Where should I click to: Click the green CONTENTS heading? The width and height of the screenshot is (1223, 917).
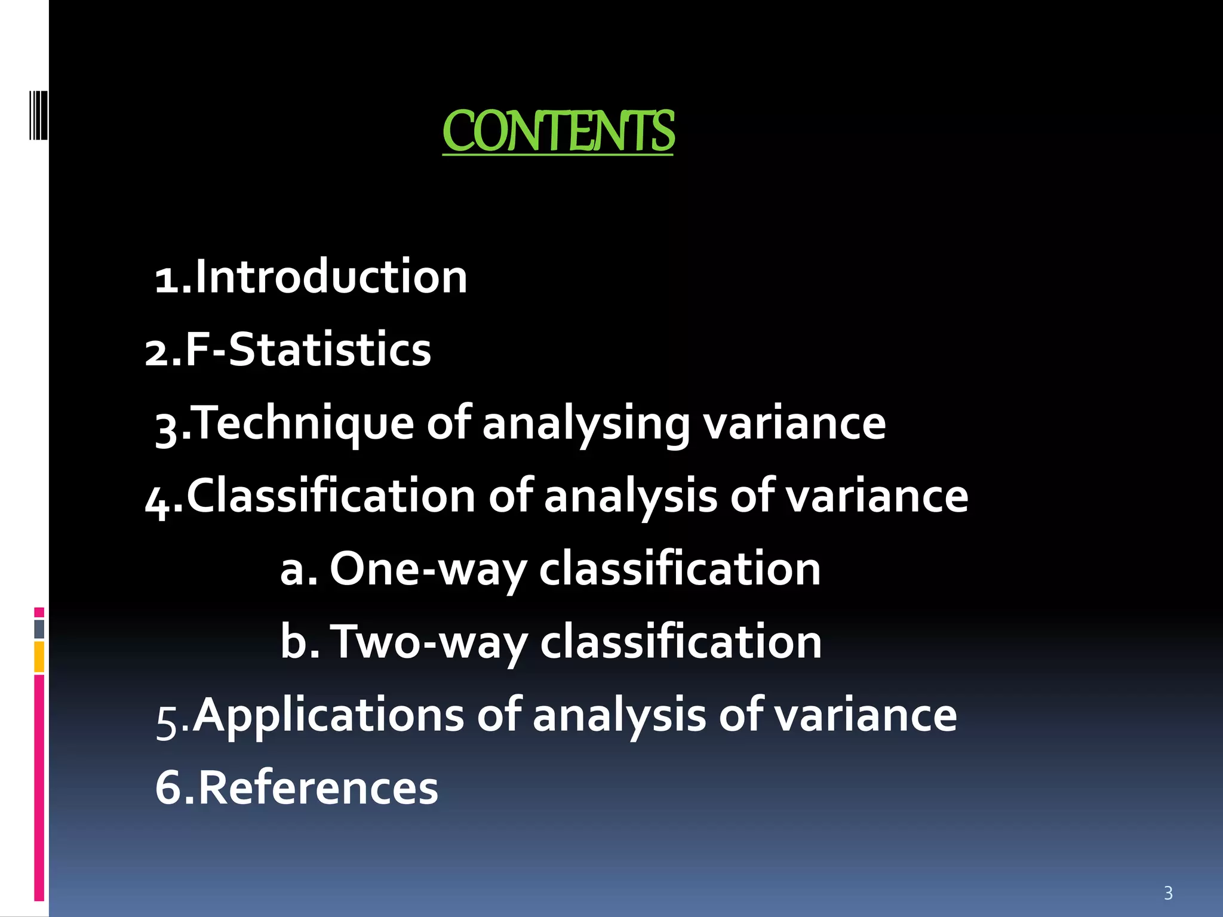[x=558, y=131]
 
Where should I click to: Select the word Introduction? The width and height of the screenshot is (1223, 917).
[x=331, y=277]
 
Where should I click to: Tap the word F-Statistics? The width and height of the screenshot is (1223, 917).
[x=308, y=350]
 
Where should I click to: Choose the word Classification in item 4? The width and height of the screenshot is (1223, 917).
[x=331, y=496]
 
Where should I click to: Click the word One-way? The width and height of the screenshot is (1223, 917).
[x=428, y=569]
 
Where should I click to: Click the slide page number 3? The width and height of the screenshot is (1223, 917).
[x=1168, y=893]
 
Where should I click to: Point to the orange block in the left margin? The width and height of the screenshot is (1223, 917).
[x=39, y=657]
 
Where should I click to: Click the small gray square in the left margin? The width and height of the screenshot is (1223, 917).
[x=39, y=629]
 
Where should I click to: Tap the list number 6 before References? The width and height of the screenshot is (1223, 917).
[x=168, y=788]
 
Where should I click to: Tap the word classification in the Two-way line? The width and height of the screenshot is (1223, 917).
[x=681, y=642]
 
